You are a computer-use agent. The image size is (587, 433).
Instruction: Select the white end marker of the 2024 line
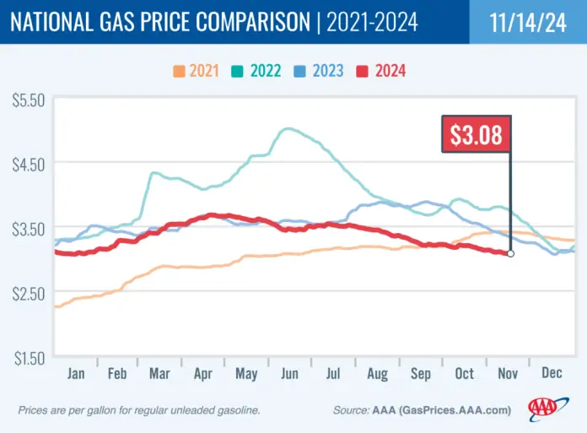coord(510,253)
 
